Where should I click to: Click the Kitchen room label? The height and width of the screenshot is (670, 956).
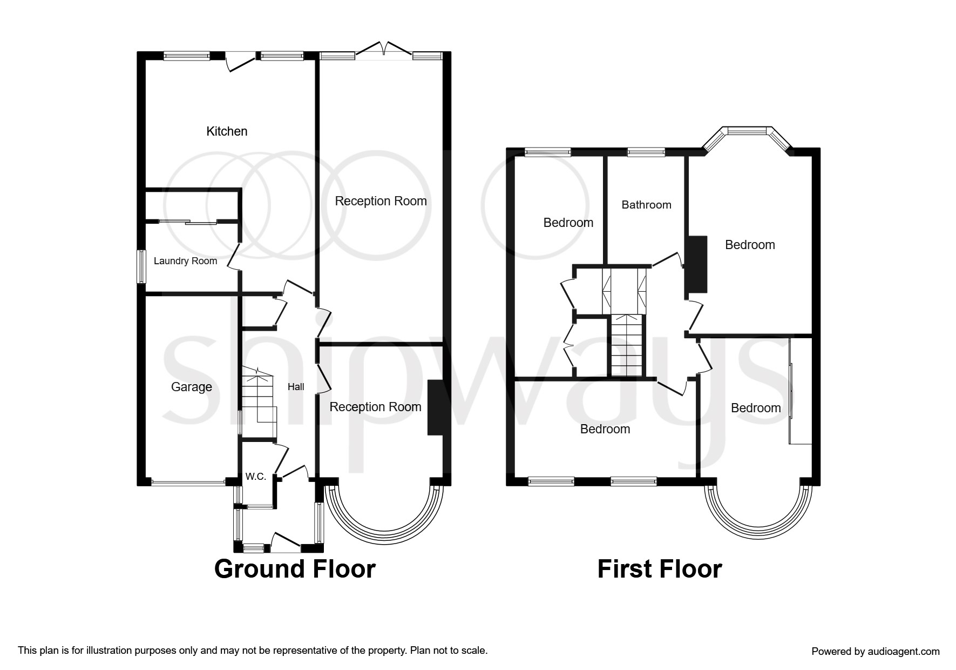[x=227, y=131]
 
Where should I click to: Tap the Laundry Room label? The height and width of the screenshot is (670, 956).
[x=185, y=261]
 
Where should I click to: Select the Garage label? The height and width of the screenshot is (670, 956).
[x=192, y=387]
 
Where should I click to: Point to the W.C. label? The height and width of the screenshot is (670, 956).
[x=256, y=477]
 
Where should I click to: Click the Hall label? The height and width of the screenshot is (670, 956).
[x=296, y=387]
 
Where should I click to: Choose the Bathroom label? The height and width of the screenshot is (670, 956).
[x=646, y=205]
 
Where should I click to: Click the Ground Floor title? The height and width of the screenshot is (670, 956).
[x=295, y=569]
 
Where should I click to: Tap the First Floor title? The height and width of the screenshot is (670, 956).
[x=660, y=569]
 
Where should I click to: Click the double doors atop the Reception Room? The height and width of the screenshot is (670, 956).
[x=384, y=50]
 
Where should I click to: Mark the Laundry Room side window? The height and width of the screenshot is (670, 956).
[x=141, y=266]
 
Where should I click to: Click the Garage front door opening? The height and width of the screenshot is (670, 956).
[x=188, y=482]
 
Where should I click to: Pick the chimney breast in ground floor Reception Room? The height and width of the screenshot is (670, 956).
[x=435, y=407]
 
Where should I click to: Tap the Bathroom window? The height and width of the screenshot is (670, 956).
[x=646, y=152]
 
